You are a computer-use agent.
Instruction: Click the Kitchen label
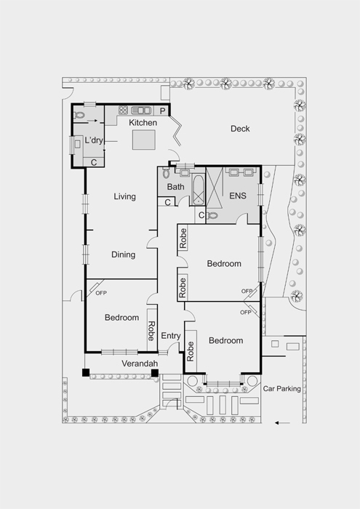[143, 123]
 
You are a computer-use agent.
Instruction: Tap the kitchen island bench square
[143, 140]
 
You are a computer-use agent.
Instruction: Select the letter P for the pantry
[163, 111]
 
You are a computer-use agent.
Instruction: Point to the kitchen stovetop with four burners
[123, 111]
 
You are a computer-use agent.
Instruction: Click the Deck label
[240, 129]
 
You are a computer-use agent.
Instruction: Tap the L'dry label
[94, 140]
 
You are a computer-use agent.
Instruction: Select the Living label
[124, 196]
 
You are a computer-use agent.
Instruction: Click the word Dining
[124, 254]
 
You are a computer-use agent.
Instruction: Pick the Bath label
[175, 187]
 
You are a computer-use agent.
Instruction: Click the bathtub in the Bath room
[198, 190]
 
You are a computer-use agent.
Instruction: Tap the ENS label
[238, 196]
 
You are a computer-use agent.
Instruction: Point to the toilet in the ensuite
[212, 215]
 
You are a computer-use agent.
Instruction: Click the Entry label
[171, 336]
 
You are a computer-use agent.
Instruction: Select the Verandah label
[140, 364]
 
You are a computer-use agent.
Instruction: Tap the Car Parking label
[281, 388]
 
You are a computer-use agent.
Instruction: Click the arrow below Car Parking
[282, 422]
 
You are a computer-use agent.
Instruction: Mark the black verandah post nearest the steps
[155, 373]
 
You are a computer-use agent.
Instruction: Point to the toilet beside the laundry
[79, 115]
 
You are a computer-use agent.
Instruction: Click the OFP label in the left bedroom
[101, 293]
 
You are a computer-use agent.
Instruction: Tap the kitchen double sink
[141, 111]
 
